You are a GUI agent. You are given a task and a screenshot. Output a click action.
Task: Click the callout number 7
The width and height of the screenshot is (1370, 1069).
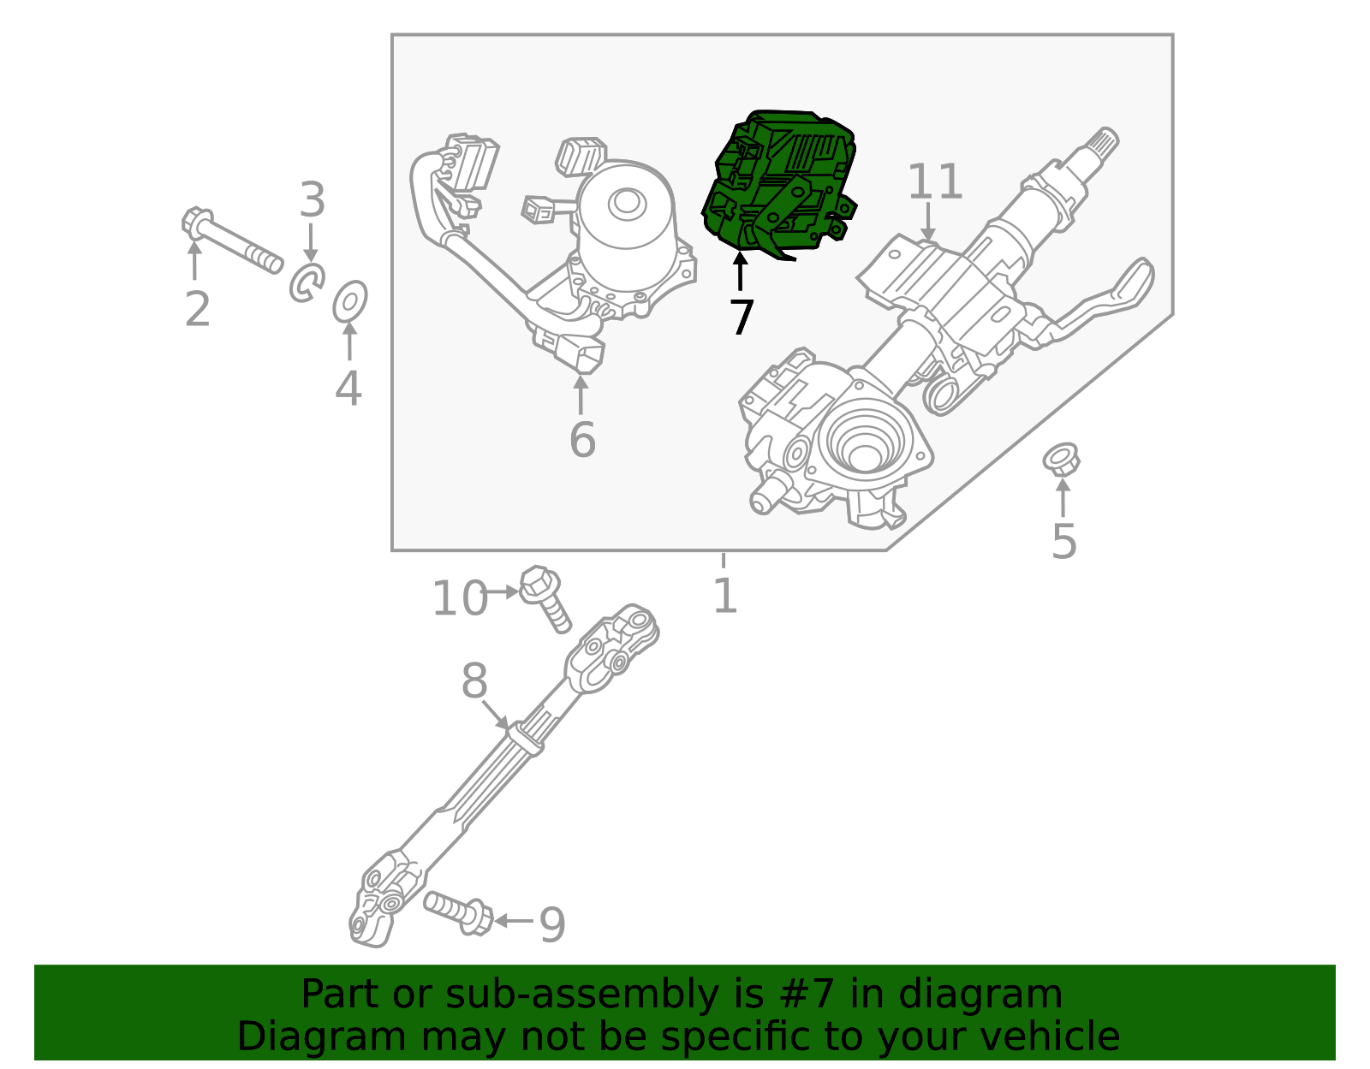(742, 318)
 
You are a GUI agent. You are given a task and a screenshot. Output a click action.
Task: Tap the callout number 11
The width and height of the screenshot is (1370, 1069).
(935, 182)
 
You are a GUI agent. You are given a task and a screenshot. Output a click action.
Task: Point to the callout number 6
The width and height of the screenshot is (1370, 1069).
(582, 440)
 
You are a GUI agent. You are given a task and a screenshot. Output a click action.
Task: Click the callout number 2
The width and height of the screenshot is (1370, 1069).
(197, 309)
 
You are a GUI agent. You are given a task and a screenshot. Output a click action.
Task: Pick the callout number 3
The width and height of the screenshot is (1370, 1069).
(313, 200)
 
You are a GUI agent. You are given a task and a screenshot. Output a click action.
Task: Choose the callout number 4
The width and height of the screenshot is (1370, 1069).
(348, 389)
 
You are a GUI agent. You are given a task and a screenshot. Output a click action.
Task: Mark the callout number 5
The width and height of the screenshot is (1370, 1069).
(1063, 542)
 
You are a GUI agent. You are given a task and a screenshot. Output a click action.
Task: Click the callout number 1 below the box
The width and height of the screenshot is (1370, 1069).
(724, 596)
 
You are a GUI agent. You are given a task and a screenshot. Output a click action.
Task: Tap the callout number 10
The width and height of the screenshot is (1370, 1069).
(459, 598)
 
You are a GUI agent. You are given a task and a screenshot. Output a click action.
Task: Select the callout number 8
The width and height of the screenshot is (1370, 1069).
(474, 682)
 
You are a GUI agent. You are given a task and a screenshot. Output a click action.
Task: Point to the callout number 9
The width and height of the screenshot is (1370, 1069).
(552, 925)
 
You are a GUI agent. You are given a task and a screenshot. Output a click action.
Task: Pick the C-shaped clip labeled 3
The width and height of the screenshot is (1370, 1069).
(307, 282)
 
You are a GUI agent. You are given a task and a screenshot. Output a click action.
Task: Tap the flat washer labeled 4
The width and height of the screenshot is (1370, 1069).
(350, 301)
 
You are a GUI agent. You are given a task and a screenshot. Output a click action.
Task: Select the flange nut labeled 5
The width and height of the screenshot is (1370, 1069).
(1061, 460)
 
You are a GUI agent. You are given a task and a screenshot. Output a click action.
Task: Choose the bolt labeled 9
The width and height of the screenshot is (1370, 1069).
(458, 912)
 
